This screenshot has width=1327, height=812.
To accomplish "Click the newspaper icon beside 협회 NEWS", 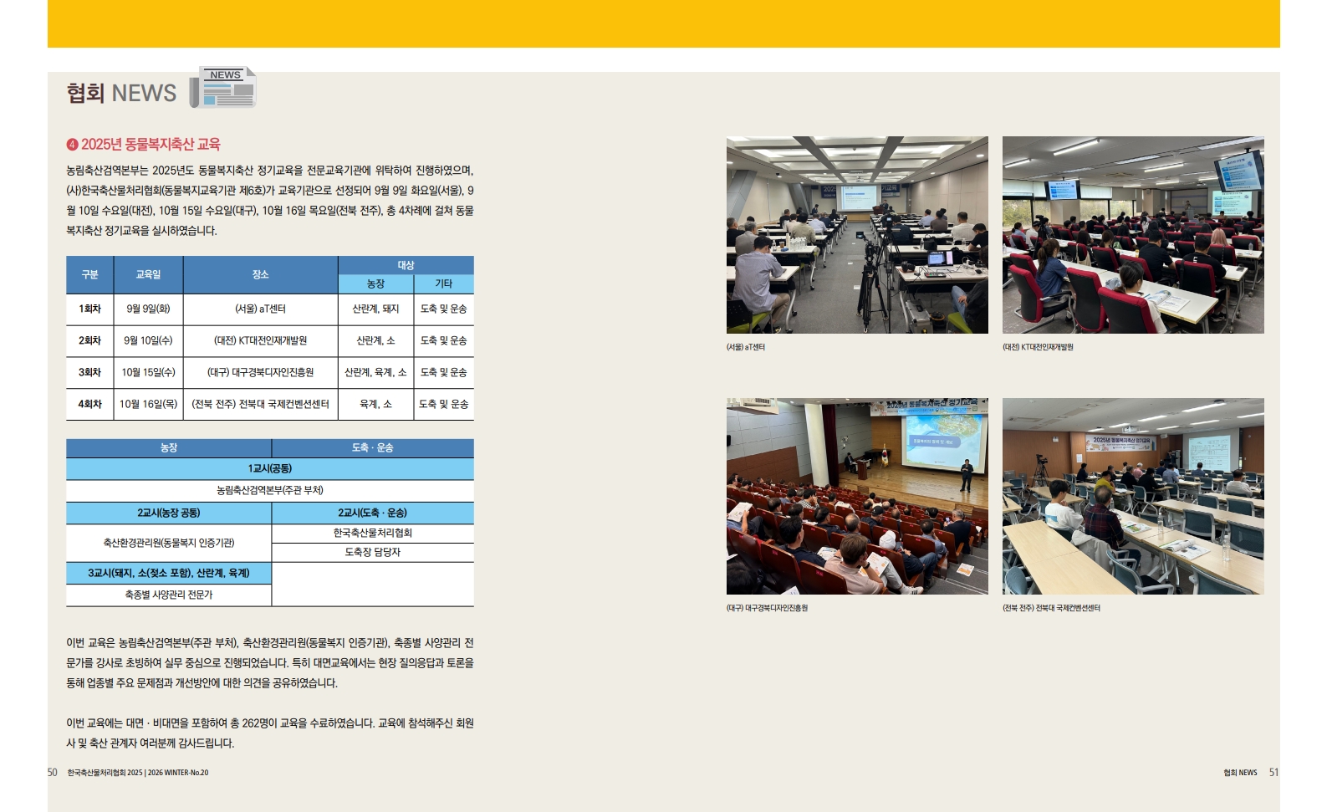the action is pos(223,87).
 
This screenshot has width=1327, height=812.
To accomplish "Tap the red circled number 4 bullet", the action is pos(72,145).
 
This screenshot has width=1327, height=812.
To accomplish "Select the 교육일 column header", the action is pos(148,275).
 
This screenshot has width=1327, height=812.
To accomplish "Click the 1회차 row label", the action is pos(89,309).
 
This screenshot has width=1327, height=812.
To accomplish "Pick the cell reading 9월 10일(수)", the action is pos(148,340).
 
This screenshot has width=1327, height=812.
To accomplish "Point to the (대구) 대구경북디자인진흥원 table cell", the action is pos(261,372).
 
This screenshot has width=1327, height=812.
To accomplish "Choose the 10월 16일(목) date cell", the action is pos(148,405).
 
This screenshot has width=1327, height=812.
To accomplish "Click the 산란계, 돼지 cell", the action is pos(375,309).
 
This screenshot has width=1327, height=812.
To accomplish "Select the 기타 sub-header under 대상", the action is pos(444,284).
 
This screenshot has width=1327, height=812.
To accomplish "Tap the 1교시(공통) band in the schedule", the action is pos(270,468).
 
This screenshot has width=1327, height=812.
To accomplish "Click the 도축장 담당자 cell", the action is pos(373,552).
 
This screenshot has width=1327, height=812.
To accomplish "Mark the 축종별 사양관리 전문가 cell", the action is pos(169,595).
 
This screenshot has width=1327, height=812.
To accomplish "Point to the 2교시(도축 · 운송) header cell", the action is pos(373,513).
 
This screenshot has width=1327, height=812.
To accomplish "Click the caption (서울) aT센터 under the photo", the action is pos(746,347).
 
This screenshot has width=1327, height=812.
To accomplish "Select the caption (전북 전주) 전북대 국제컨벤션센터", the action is pos(1052,608).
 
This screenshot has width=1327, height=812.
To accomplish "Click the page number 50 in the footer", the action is pos(53,773).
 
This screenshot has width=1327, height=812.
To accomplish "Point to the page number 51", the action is pos(1274,773).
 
